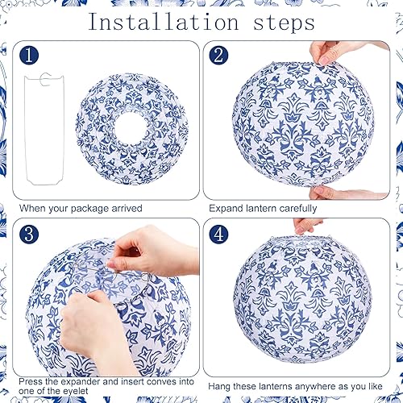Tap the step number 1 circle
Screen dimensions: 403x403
[30, 56]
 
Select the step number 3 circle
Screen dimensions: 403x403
[30, 234]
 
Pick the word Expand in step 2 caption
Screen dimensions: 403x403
[228, 208]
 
